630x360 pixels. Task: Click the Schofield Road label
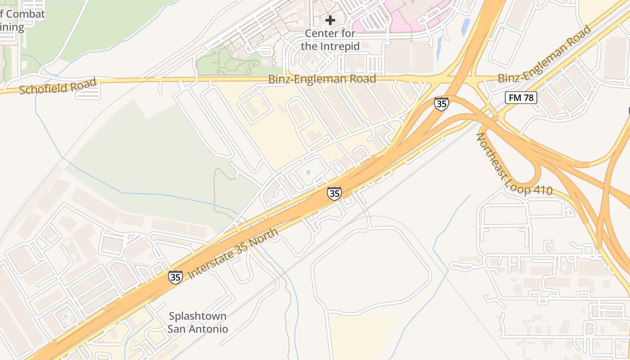[x=58, y=86]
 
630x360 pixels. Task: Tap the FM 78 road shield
[x=521, y=98]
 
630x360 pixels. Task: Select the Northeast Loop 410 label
[x=514, y=164]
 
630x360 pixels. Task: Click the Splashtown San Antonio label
[x=198, y=322]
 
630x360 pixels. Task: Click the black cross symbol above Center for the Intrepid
[x=330, y=20]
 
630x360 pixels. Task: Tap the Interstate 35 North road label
[x=232, y=253]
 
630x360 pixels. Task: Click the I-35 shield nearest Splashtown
[x=175, y=277]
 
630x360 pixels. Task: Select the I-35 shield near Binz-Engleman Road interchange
[x=441, y=104]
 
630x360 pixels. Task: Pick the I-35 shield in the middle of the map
[x=334, y=193]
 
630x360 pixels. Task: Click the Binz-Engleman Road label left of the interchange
[x=322, y=79]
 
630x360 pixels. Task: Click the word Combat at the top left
[x=26, y=14]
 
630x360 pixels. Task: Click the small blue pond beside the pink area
[x=465, y=27]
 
